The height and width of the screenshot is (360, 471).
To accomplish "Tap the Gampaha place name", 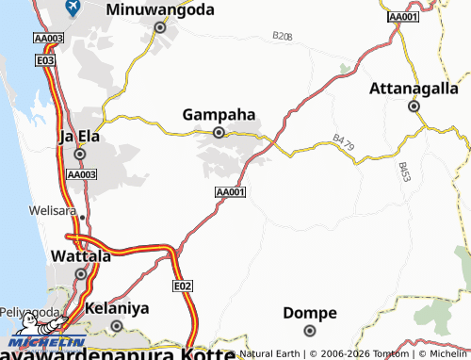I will (x=219, y=115).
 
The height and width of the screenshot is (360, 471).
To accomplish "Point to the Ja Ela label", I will (x=79, y=136).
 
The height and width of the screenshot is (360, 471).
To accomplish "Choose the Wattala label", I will (x=80, y=255).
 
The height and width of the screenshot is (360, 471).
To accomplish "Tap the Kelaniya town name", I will (x=117, y=308).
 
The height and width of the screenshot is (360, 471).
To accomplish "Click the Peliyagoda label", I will (x=25, y=308).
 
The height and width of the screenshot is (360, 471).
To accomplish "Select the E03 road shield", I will (x=44, y=59).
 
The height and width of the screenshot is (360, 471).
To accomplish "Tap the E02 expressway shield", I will (x=183, y=285).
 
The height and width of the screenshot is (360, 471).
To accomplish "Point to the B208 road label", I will (x=282, y=36).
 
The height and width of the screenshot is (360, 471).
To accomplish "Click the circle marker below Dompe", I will (x=310, y=330).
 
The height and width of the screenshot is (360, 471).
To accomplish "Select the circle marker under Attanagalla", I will (x=414, y=106).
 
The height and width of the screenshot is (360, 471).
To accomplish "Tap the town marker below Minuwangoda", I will (x=160, y=28).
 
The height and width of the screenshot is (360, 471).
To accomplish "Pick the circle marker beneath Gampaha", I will (x=219, y=133).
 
